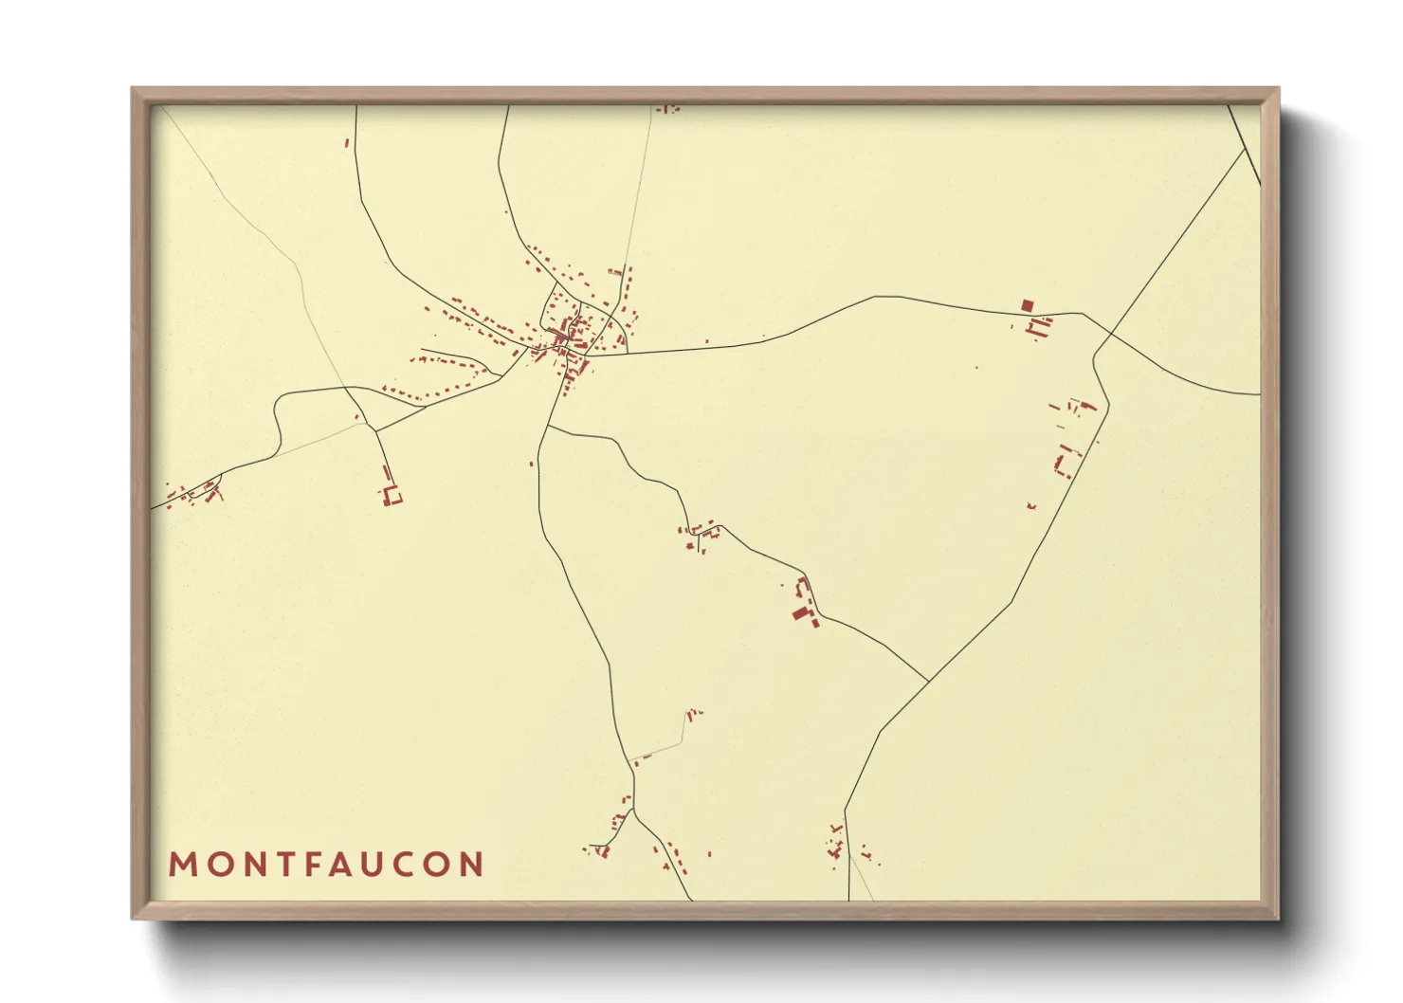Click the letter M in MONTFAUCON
(x=182, y=865)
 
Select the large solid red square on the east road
(x=1027, y=305)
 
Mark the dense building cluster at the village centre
(x=570, y=337)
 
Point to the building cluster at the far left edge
(x=194, y=494)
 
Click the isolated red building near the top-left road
(x=347, y=143)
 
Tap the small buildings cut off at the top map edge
(x=668, y=110)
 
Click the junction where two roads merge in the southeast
(x=927, y=681)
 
